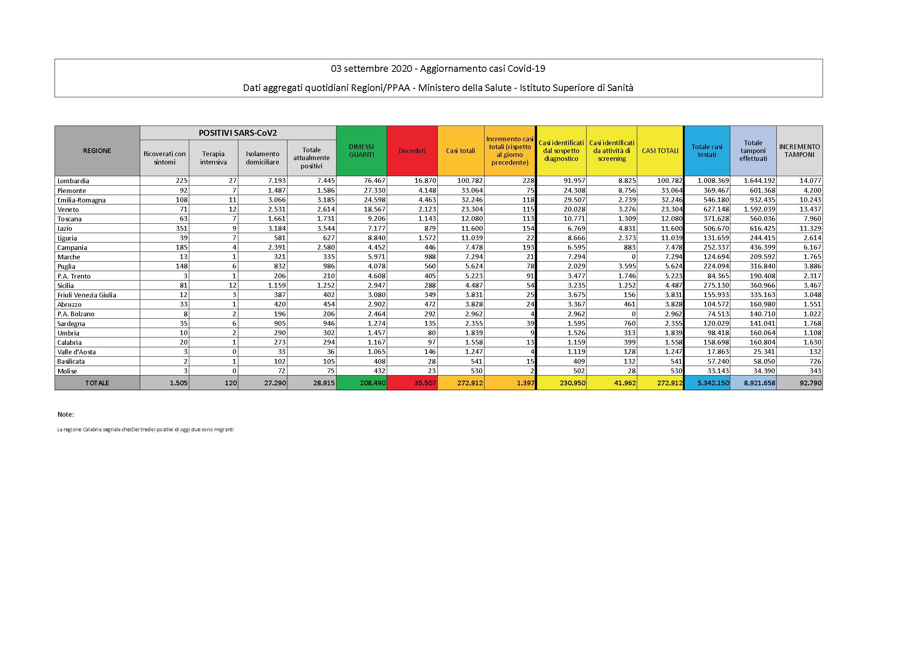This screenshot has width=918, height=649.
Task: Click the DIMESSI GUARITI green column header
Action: click(362, 151)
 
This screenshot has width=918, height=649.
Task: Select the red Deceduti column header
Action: click(412, 151)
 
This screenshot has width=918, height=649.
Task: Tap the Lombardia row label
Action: click(73, 181)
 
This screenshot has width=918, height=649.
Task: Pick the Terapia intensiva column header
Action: click(213, 158)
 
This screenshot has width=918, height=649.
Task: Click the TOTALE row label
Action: click(97, 383)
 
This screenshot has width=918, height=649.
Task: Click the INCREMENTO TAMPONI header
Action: click(799, 151)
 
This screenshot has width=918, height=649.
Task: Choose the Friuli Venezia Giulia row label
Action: click(87, 295)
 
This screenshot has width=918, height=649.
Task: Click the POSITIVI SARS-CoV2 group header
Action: click(238, 133)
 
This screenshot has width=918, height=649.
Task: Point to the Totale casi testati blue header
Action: click(707, 151)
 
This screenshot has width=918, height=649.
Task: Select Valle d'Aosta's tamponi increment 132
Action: click(815, 352)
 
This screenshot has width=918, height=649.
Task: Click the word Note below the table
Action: click(66, 414)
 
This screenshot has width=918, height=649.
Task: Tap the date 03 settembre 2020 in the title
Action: click(371, 69)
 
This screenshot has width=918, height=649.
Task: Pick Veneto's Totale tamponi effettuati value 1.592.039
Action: click(759, 210)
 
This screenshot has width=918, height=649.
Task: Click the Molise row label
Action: click(67, 371)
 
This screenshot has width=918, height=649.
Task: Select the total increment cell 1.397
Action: click(525, 383)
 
